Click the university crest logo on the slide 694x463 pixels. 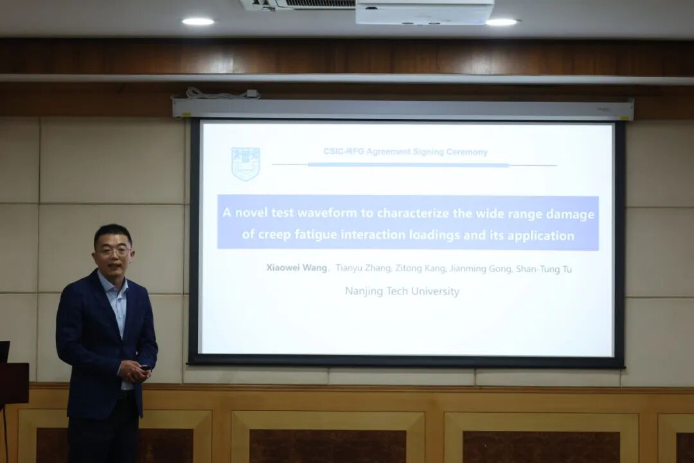coord(245,164)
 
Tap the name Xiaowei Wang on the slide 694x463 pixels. coord(296,268)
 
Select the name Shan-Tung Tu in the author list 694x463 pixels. coord(544,269)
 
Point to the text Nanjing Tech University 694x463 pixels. coord(402,291)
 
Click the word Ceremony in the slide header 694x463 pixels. coord(467,152)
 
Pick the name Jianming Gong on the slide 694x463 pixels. coord(481,269)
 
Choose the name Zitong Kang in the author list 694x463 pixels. coord(420,268)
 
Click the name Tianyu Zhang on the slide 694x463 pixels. coord(363,268)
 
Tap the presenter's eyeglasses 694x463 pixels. coord(114,251)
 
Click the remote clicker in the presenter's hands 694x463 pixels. coord(145,367)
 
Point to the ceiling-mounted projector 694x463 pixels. coord(424,12)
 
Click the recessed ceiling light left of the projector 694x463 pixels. coord(198,21)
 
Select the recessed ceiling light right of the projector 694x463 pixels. coord(501,22)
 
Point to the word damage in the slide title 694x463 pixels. coord(570,215)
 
